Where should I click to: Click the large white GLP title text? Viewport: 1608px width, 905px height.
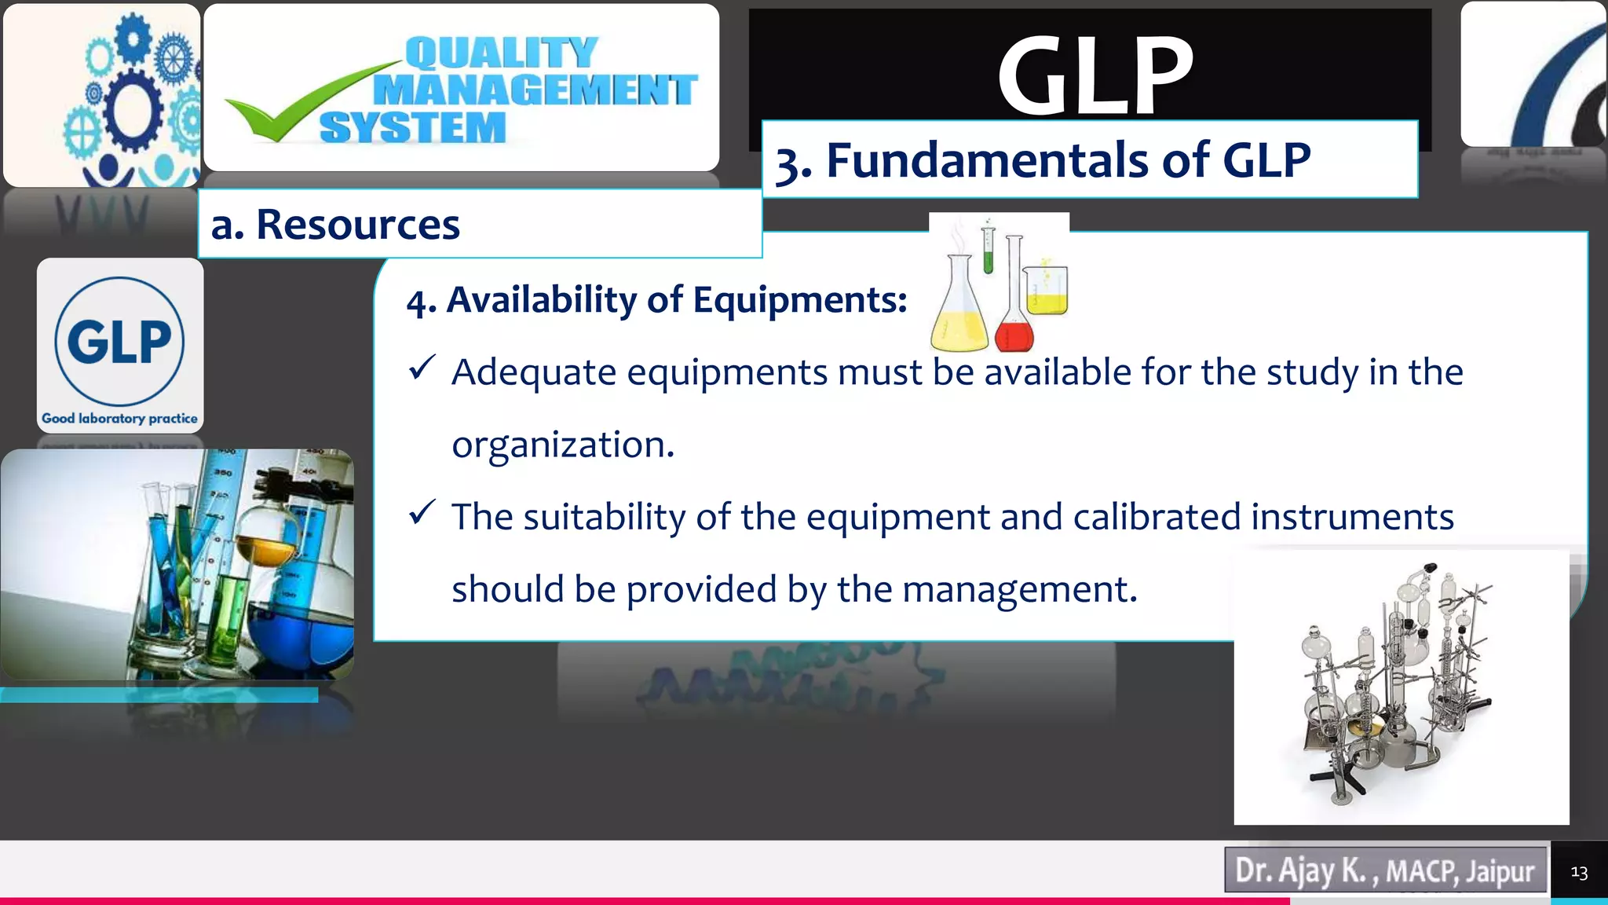(x=1095, y=77)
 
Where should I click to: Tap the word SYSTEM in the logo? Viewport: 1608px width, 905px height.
(x=413, y=128)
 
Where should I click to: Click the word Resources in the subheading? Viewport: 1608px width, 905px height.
(x=357, y=225)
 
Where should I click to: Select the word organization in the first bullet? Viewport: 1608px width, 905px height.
(x=561, y=445)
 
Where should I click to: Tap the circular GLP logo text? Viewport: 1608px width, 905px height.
(x=119, y=343)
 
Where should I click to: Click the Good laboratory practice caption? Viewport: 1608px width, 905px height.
(x=119, y=418)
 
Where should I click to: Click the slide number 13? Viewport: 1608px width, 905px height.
(x=1578, y=873)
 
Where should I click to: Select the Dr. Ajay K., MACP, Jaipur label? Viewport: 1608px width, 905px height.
(x=1384, y=870)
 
